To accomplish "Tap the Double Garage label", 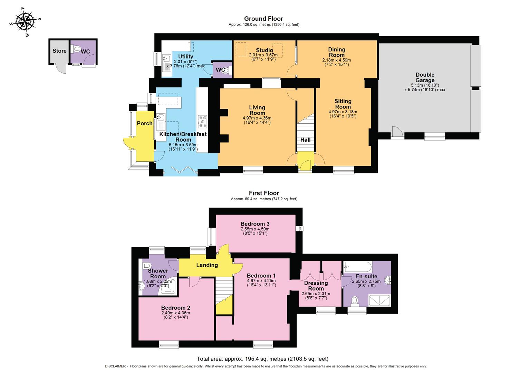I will tap(425, 77).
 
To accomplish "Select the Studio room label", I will tap(264, 50).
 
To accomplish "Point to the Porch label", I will tap(144, 123).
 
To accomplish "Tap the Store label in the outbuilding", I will tap(59, 51).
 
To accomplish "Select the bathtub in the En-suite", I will tap(358, 267).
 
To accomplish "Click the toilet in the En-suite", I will tap(354, 301).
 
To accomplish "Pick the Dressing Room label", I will tap(316, 286).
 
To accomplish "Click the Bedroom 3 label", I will tap(255, 224).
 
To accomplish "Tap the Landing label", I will tap(207, 265).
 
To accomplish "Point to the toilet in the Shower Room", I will tap(146, 266).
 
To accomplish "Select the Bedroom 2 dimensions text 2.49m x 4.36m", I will tap(175, 313).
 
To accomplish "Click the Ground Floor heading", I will tap(263, 19).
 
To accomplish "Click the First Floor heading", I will tap(264, 193).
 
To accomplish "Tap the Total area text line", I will tap(262, 359).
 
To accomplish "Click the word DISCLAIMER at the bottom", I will tap(116, 366).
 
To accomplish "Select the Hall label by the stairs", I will tap(305, 140).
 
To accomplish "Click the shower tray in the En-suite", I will tap(379, 300).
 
